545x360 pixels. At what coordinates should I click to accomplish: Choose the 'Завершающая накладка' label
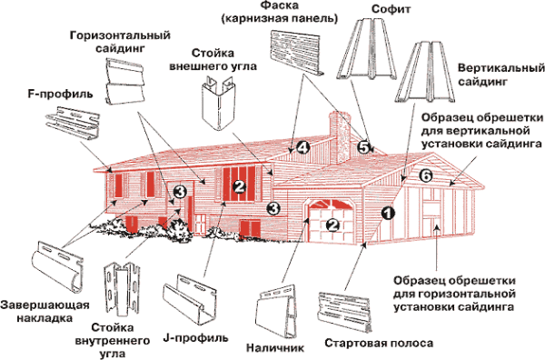point(39,312)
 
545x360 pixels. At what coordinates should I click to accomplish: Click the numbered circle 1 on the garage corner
point(386,215)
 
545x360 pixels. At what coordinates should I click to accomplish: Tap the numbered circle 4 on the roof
point(302,147)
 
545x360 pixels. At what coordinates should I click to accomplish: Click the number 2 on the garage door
point(332,225)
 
